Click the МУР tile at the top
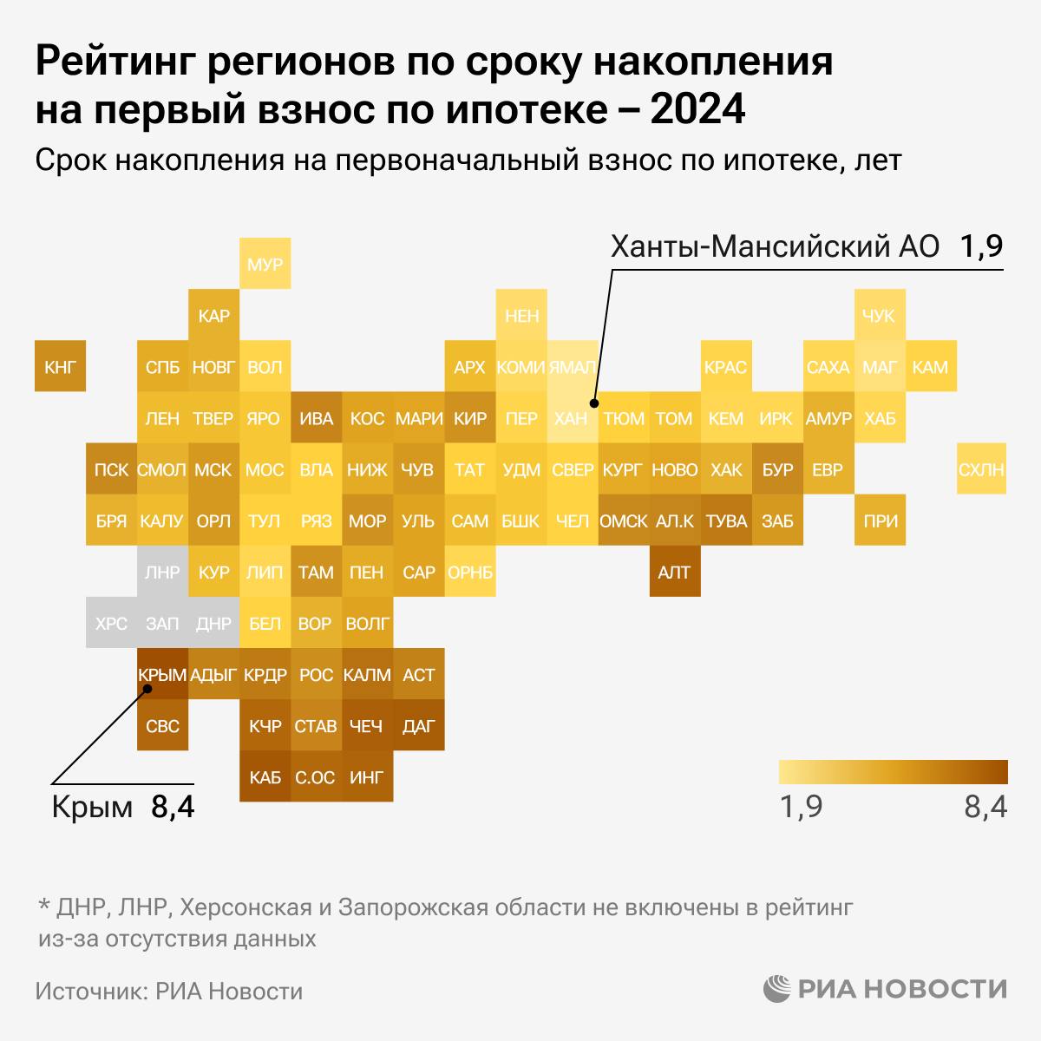click(x=265, y=264)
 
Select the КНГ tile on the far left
click(x=59, y=366)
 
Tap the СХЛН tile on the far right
click(x=980, y=469)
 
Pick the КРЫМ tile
click(x=162, y=674)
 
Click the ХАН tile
click(x=571, y=418)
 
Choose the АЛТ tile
click(x=674, y=572)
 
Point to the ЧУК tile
click(x=878, y=316)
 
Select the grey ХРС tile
click(x=111, y=623)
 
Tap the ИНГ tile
click(x=366, y=777)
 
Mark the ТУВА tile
click(x=726, y=521)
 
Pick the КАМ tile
click(x=930, y=367)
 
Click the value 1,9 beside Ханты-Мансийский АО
click(x=980, y=246)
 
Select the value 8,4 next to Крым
click(x=173, y=808)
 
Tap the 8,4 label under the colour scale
click(x=985, y=808)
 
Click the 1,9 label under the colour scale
click(x=802, y=808)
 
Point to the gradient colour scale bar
click(x=893, y=772)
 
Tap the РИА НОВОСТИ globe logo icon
click(x=777, y=989)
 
